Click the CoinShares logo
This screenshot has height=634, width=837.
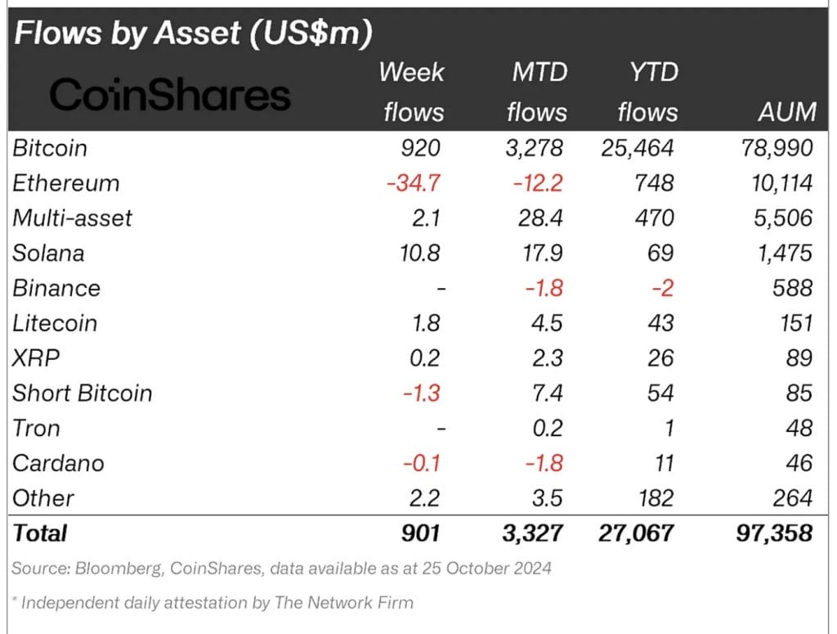[170, 96]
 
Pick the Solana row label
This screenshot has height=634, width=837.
[48, 253]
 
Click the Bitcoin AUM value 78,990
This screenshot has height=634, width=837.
[773, 148]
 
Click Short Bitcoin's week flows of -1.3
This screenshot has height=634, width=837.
[421, 393]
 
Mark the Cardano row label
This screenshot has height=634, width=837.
[58, 463]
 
